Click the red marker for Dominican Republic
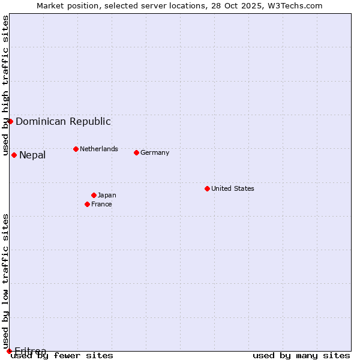10,121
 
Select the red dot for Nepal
14,155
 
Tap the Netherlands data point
76,149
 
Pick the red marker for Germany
136,152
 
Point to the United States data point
207,188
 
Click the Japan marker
94,195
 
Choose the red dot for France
87,204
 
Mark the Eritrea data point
9,351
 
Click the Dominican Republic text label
63,121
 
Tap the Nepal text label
32,155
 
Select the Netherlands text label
99,149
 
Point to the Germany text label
155,152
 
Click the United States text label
233,188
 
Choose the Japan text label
107,195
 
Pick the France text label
101,204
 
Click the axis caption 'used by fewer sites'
62,356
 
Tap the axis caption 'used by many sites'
301,356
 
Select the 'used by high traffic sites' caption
6,86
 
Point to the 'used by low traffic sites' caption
6,265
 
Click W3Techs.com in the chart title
294,5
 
